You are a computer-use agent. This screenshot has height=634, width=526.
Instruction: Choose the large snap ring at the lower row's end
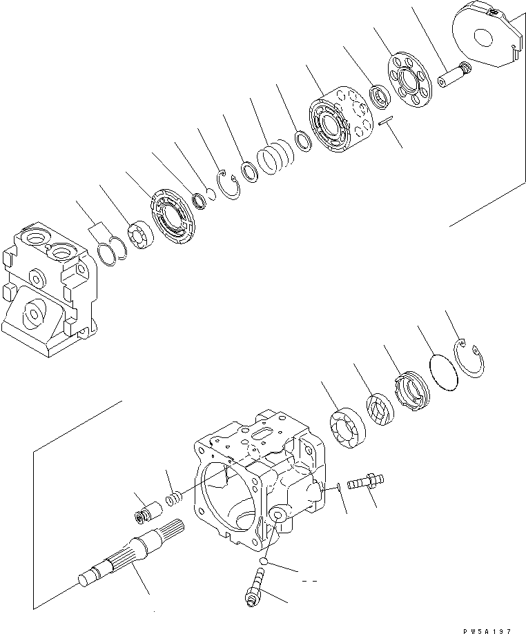[x=474, y=359]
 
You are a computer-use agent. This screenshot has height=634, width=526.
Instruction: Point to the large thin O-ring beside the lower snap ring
[x=442, y=373]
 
